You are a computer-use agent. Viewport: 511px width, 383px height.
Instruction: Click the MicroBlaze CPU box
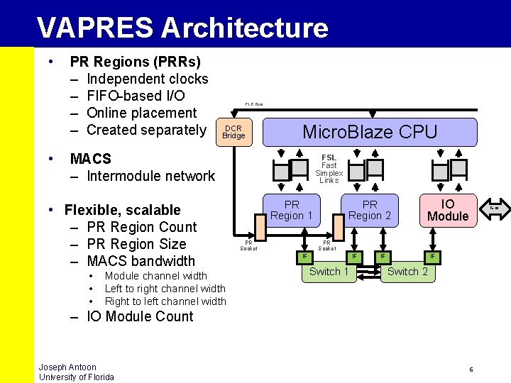(x=370, y=131)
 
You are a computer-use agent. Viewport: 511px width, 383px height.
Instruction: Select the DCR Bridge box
(x=233, y=132)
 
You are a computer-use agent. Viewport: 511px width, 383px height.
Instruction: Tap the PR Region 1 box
(x=292, y=211)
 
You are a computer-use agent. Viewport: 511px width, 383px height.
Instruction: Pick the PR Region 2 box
(x=370, y=211)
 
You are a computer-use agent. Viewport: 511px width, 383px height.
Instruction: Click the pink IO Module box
(x=448, y=210)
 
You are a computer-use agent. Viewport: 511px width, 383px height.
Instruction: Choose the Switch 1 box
(x=329, y=272)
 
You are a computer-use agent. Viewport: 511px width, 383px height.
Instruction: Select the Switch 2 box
(x=407, y=272)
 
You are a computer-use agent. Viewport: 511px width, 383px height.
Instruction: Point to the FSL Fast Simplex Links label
(x=329, y=169)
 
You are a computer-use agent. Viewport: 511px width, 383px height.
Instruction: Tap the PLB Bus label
(x=253, y=104)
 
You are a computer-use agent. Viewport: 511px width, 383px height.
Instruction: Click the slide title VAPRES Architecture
(x=182, y=28)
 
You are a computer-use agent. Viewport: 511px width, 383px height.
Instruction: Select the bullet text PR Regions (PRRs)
(x=135, y=62)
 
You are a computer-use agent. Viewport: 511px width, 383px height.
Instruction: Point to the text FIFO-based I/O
(x=136, y=96)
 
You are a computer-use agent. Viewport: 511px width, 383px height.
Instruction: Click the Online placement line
(x=141, y=113)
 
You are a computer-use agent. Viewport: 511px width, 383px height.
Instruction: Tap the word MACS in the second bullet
(x=90, y=159)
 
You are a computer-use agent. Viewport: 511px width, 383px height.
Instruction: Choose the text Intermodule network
(x=150, y=176)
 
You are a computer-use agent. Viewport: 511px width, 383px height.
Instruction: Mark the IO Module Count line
(x=140, y=316)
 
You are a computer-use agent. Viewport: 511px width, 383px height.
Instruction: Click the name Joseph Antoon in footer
(x=67, y=367)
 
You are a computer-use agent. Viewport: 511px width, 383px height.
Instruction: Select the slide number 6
(x=471, y=370)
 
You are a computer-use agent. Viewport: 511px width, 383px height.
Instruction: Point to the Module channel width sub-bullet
(x=156, y=276)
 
